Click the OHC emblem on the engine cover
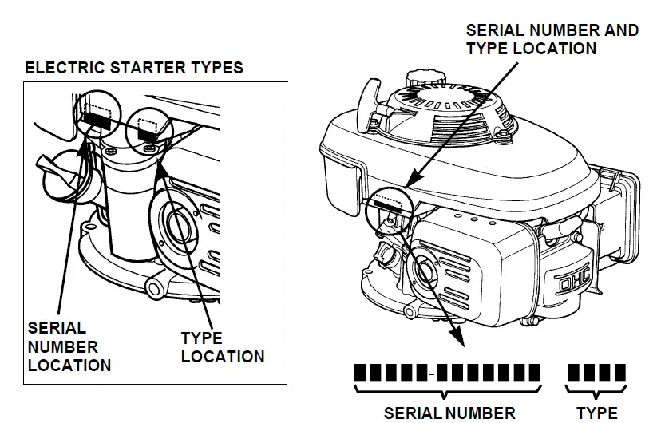tap(570, 281)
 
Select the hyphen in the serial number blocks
tap(431, 373)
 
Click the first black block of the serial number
tap(360, 373)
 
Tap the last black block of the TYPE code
tap(620, 373)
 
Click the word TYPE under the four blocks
tap(596, 413)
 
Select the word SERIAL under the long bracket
tap(414, 413)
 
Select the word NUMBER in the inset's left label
tap(62, 347)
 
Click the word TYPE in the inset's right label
tap(201, 338)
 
